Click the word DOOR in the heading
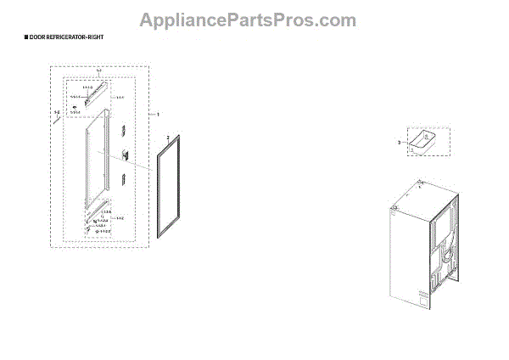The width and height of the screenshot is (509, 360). click(37, 39)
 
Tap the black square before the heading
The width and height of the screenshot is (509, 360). click(25, 39)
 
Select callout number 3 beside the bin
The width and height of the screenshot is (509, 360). click(400, 143)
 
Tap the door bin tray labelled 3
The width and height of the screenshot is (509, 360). click(422, 142)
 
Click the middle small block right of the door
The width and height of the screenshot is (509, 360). click(124, 155)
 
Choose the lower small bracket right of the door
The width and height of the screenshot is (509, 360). click(124, 179)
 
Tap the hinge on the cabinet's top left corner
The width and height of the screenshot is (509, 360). click(393, 205)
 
